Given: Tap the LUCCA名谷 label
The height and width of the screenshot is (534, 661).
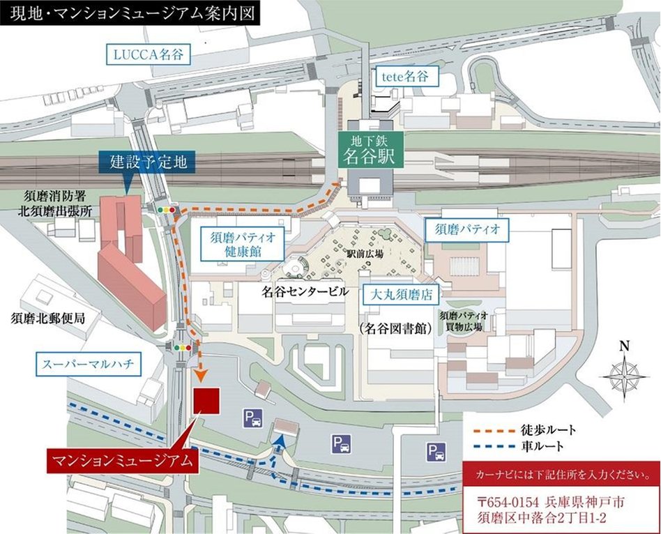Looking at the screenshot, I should pyautogui.click(x=148, y=54).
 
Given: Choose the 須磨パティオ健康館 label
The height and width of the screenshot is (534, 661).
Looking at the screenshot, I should pyautogui.click(x=238, y=243).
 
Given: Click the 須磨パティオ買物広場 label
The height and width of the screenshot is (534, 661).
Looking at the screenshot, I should pyautogui.click(x=463, y=321).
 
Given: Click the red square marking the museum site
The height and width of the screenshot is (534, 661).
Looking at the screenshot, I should pyautogui.click(x=206, y=400).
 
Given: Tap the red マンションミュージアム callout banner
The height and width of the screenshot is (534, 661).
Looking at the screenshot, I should pyautogui.click(x=122, y=461).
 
